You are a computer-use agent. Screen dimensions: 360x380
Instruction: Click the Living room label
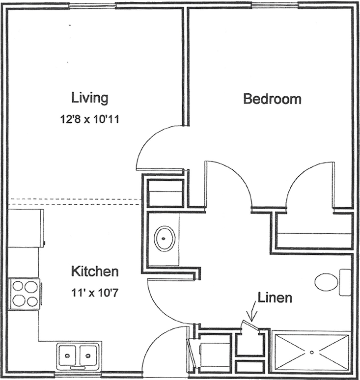click(90, 98)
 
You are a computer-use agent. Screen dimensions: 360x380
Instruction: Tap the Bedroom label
click(272, 99)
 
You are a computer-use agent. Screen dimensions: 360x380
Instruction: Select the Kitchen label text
click(95, 271)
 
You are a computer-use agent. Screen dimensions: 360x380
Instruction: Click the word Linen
click(275, 298)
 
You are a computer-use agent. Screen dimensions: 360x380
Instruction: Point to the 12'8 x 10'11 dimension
click(89, 119)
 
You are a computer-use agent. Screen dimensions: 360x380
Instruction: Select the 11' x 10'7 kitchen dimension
click(95, 293)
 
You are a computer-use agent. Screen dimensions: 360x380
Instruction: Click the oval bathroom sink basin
click(165, 239)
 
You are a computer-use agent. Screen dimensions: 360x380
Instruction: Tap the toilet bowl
click(327, 282)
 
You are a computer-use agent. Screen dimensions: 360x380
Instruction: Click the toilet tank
click(345, 282)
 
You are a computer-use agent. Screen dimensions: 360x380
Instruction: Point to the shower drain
click(312, 352)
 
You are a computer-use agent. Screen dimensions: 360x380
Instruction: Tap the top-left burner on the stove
click(18, 286)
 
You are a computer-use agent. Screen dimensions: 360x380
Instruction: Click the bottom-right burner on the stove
click(32, 301)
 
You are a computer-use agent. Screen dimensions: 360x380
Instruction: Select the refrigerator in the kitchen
click(26, 228)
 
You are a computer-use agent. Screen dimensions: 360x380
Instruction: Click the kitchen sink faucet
click(78, 368)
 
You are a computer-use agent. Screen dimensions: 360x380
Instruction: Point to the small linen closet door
click(250, 325)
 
